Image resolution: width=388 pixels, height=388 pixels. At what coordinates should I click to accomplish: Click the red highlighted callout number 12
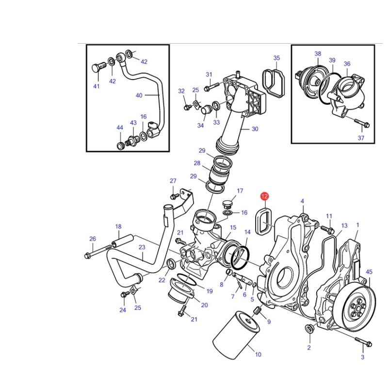click(x=264, y=196)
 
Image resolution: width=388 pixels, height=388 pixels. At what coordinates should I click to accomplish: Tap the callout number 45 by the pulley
click(x=369, y=272)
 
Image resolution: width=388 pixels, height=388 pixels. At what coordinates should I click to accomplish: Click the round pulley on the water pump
click(x=355, y=308)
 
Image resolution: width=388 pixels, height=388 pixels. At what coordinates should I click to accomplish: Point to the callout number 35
click(x=276, y=58)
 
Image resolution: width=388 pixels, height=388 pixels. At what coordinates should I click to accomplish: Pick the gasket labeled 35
click(x=274, y=83)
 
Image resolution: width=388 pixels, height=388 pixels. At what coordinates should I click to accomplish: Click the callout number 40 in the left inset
click(x=139, y=95)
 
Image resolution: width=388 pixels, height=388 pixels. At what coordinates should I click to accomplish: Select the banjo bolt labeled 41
click(x=99, y=68)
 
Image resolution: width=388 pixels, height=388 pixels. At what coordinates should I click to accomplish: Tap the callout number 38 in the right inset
click(x=318, y=54)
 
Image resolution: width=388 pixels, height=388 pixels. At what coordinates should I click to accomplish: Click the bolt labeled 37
click(x=361, y=123)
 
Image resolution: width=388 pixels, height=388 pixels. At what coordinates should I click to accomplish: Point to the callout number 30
click(x=255, y=129)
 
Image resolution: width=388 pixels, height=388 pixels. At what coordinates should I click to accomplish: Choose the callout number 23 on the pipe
click(x=142, y=247)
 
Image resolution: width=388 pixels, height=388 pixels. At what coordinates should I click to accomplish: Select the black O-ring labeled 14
click(x=240, y=258)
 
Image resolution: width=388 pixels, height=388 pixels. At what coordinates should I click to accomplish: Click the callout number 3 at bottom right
click(x=362, y=357)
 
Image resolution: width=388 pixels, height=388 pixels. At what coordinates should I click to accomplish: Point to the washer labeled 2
click(x=309, y=329)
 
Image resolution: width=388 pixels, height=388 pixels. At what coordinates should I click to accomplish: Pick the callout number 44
click(x=120, y=128)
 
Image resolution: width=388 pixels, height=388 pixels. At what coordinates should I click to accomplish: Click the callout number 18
click(x=118, y=226)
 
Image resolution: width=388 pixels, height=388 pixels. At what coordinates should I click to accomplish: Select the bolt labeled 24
click(x=125, y=295)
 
